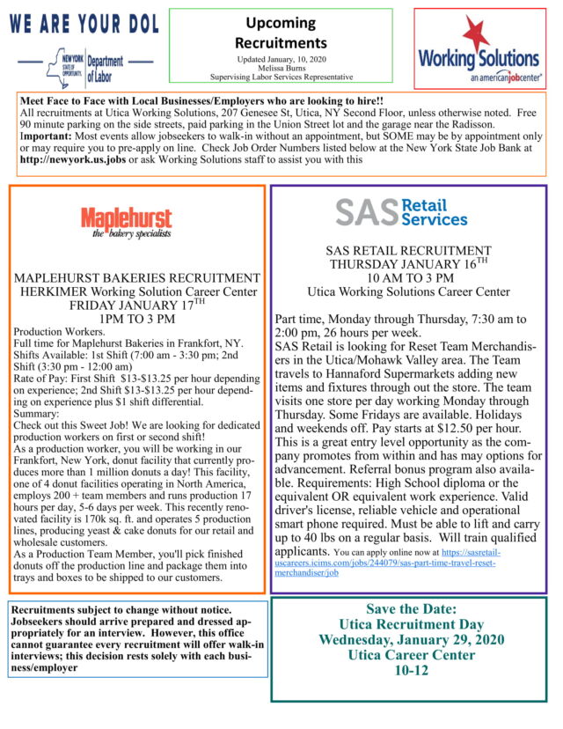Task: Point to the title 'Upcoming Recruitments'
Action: tap(281, 33)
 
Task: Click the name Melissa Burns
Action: tap(281, 67)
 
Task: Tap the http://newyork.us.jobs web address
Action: tap(73, 159)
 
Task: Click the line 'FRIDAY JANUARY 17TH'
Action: tap(137, 305)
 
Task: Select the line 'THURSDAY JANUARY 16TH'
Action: tap(408, 263)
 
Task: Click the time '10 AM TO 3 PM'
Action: tap(408, 277)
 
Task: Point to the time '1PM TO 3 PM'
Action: tap(137, 318)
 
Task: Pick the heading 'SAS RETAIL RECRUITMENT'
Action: tap(408, 250)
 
